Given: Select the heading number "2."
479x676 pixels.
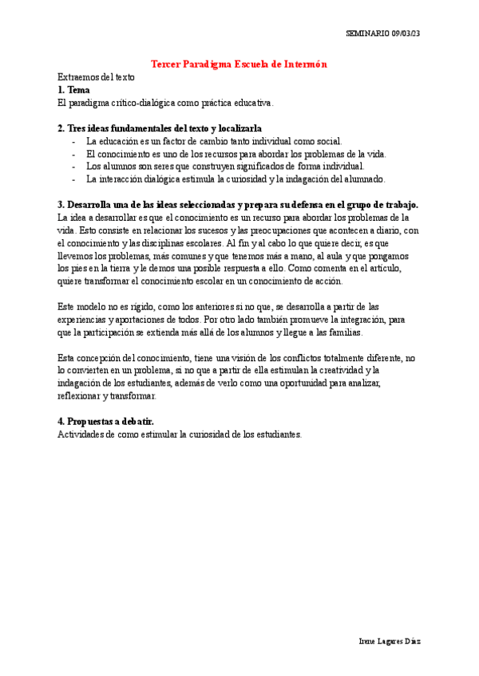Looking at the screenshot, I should click(61, 128).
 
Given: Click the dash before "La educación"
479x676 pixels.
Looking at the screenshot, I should click(73, 141).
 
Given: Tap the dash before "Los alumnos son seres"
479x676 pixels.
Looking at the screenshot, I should click(73, 167).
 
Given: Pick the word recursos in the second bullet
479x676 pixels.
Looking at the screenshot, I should click(233, 154).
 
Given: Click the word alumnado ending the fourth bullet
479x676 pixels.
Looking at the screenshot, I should click(362, 179).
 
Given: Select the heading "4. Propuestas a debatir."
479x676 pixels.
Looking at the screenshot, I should click(106, 422).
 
